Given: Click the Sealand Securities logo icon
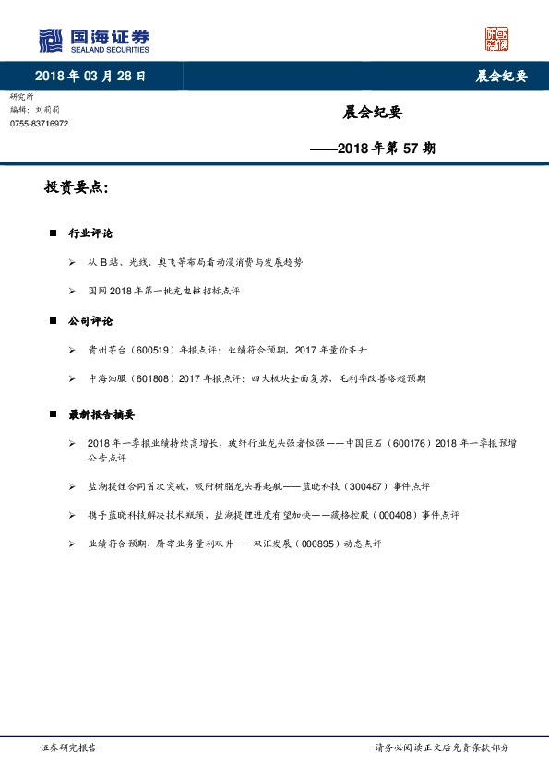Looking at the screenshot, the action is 51,41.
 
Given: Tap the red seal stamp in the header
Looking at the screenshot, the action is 496,39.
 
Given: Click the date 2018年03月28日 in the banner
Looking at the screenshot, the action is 90,76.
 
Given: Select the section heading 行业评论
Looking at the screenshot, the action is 90,234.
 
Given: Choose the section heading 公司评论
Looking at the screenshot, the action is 90,321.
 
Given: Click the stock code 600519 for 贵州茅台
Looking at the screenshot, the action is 143,351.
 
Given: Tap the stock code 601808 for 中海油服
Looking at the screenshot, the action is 143,378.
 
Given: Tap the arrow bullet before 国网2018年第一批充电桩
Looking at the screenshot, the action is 72,292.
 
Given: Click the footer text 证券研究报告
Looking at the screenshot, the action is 69,748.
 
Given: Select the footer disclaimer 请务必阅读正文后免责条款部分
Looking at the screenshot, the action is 441,748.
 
